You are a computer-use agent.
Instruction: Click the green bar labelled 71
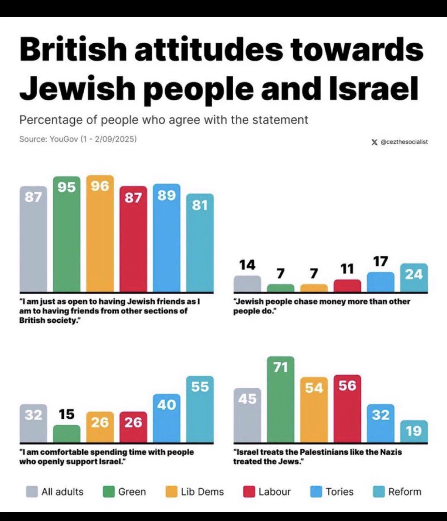click(281, 399)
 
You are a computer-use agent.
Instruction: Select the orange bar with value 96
click(100, 234)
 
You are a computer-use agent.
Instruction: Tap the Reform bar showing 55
click(200, 409)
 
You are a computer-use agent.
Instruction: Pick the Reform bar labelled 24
click(414, 278)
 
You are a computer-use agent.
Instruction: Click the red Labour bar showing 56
click(347, 409)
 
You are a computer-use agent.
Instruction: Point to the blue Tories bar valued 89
click(166, 238)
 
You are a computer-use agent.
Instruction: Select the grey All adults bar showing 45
click(247, 415)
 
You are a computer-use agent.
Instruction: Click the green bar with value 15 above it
click(66, 433)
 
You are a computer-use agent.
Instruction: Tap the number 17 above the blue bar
click(381, 261)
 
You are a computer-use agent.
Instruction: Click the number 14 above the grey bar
click(247, 265)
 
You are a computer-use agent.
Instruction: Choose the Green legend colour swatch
click(108, 492)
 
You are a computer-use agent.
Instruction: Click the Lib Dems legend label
click(202, 492)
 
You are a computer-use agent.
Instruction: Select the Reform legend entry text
click(405, 492)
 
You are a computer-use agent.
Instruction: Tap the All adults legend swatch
click(32, 492)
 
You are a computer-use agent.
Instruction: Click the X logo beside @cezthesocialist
click(375, 142)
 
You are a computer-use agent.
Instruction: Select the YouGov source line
click(78, 139)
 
